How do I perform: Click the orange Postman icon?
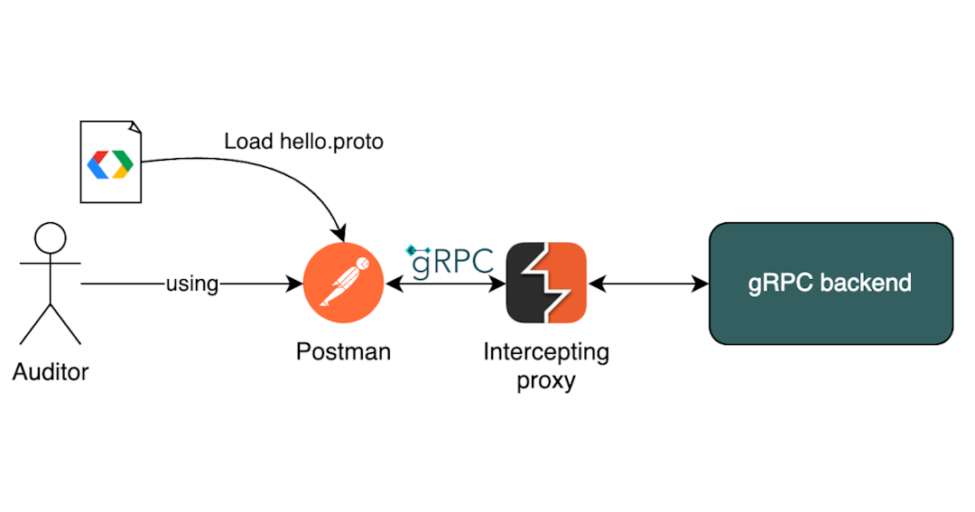click(344, 284)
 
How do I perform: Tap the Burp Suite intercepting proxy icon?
click(546, 284)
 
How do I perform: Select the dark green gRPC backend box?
click(831, 284)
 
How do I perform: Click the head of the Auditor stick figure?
click(50, 239)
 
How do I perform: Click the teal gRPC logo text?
click(451, 260)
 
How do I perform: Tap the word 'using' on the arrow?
click(191, 284)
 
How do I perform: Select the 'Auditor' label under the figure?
click(51, 371)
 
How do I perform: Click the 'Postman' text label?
click(343, 351)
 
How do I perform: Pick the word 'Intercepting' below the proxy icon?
click(546, 351)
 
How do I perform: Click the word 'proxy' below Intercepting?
click(546, 380)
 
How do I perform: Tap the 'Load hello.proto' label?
click(303, 141)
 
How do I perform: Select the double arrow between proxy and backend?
click(647, 284)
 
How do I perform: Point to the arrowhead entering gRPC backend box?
click(701, 284)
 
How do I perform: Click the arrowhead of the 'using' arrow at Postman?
click(295, 284)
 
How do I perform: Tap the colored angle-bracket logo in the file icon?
click(110, 163)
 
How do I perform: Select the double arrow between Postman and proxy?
click(445, 284)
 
